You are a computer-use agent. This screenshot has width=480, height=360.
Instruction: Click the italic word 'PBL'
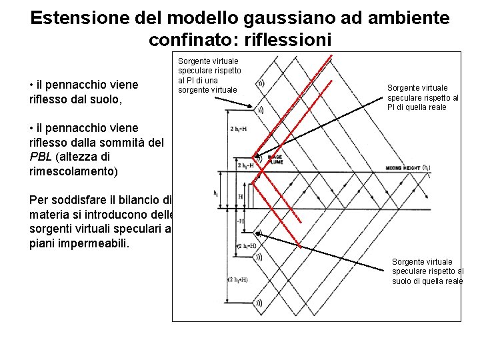[x=42, y=157]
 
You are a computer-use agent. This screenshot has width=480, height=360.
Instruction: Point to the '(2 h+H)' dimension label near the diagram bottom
[x=239, y=279]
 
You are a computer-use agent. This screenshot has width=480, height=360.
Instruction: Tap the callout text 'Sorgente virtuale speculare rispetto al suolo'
[x=427, y=271]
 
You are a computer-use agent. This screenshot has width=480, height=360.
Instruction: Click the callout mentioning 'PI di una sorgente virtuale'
[x=209, y=75]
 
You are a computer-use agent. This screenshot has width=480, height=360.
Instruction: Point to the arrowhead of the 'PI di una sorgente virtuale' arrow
[x=251, y=107]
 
